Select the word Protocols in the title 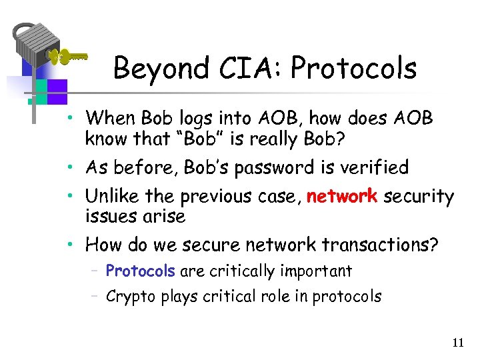(354, 68)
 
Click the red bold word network (341, 197)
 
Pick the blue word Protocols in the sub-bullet (140, 271)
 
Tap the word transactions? (380, 245)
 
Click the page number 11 (457, 343)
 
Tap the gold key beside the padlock (66, 57)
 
